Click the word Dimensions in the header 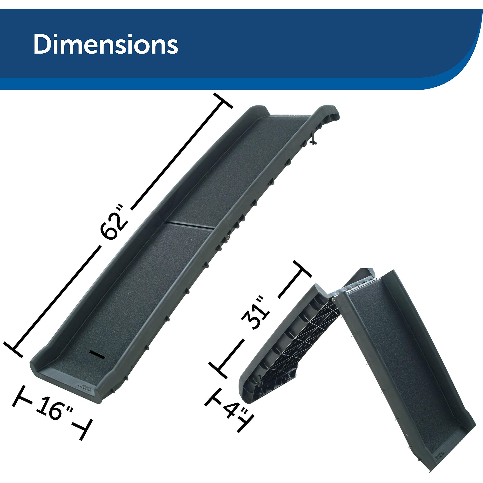pyautogui.click(x=105, y=44)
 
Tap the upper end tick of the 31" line pyautogui.click(x=303, y=269)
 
